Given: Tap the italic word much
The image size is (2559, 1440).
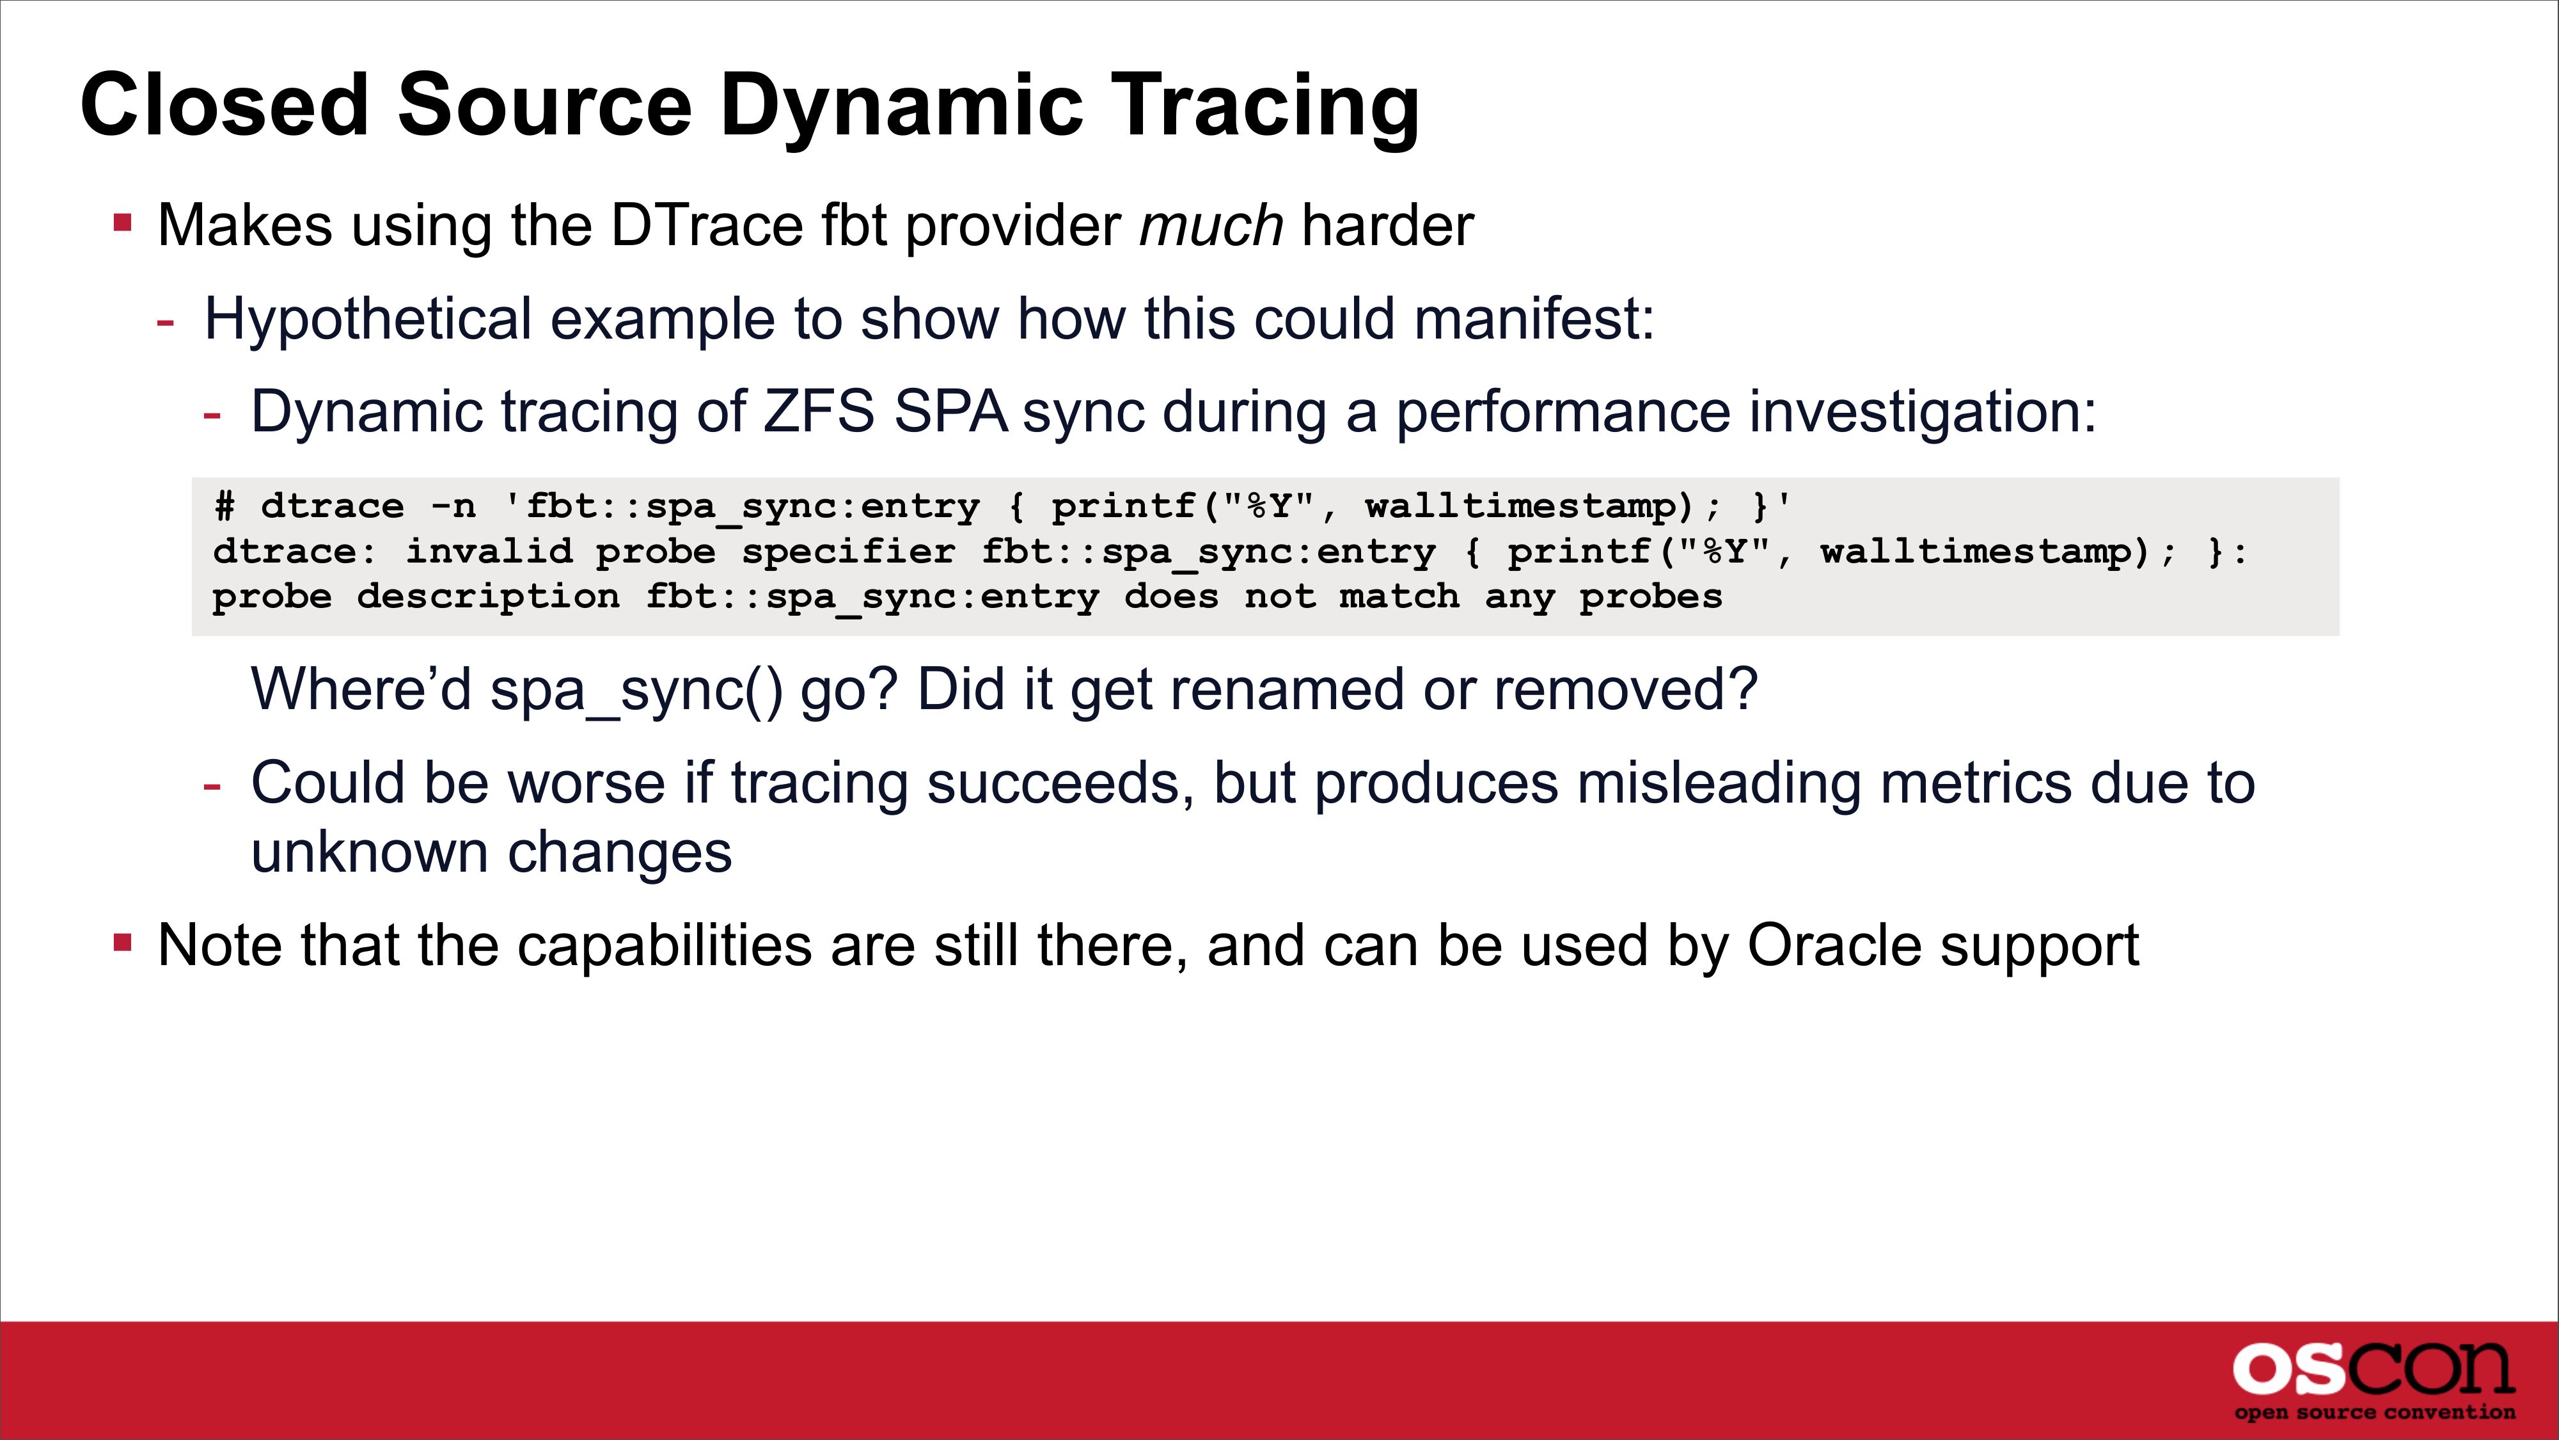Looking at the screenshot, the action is [1211, 225].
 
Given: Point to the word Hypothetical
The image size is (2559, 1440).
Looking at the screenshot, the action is [368, 320].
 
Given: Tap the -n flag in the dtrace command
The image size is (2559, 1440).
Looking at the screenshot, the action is [453, 506].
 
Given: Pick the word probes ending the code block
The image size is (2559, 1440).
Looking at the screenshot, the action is [1651, 597].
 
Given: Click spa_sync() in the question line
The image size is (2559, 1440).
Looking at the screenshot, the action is [636, 691].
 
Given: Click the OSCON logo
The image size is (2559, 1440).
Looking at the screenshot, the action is [2374, 1380].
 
